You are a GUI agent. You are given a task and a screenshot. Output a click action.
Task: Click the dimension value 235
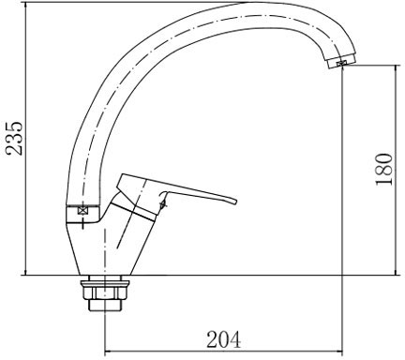[x=15, y=138]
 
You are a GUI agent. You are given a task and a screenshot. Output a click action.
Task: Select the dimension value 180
[x=383, y=169]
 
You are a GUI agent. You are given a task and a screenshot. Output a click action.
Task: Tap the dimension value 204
[x=224, y=339]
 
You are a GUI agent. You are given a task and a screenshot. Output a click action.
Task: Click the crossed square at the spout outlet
[x=340, y=63]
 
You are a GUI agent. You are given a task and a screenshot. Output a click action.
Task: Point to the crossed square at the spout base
[x=82, y=210]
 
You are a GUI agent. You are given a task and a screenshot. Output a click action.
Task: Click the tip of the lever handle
[x=236, y=201]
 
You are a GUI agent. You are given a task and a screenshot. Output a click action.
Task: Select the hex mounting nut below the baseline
[x=105, y=291]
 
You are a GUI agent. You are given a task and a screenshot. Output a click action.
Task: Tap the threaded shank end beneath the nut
[x=105, y=306]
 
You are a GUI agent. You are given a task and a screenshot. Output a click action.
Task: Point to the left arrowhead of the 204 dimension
[x=105, y=352]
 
